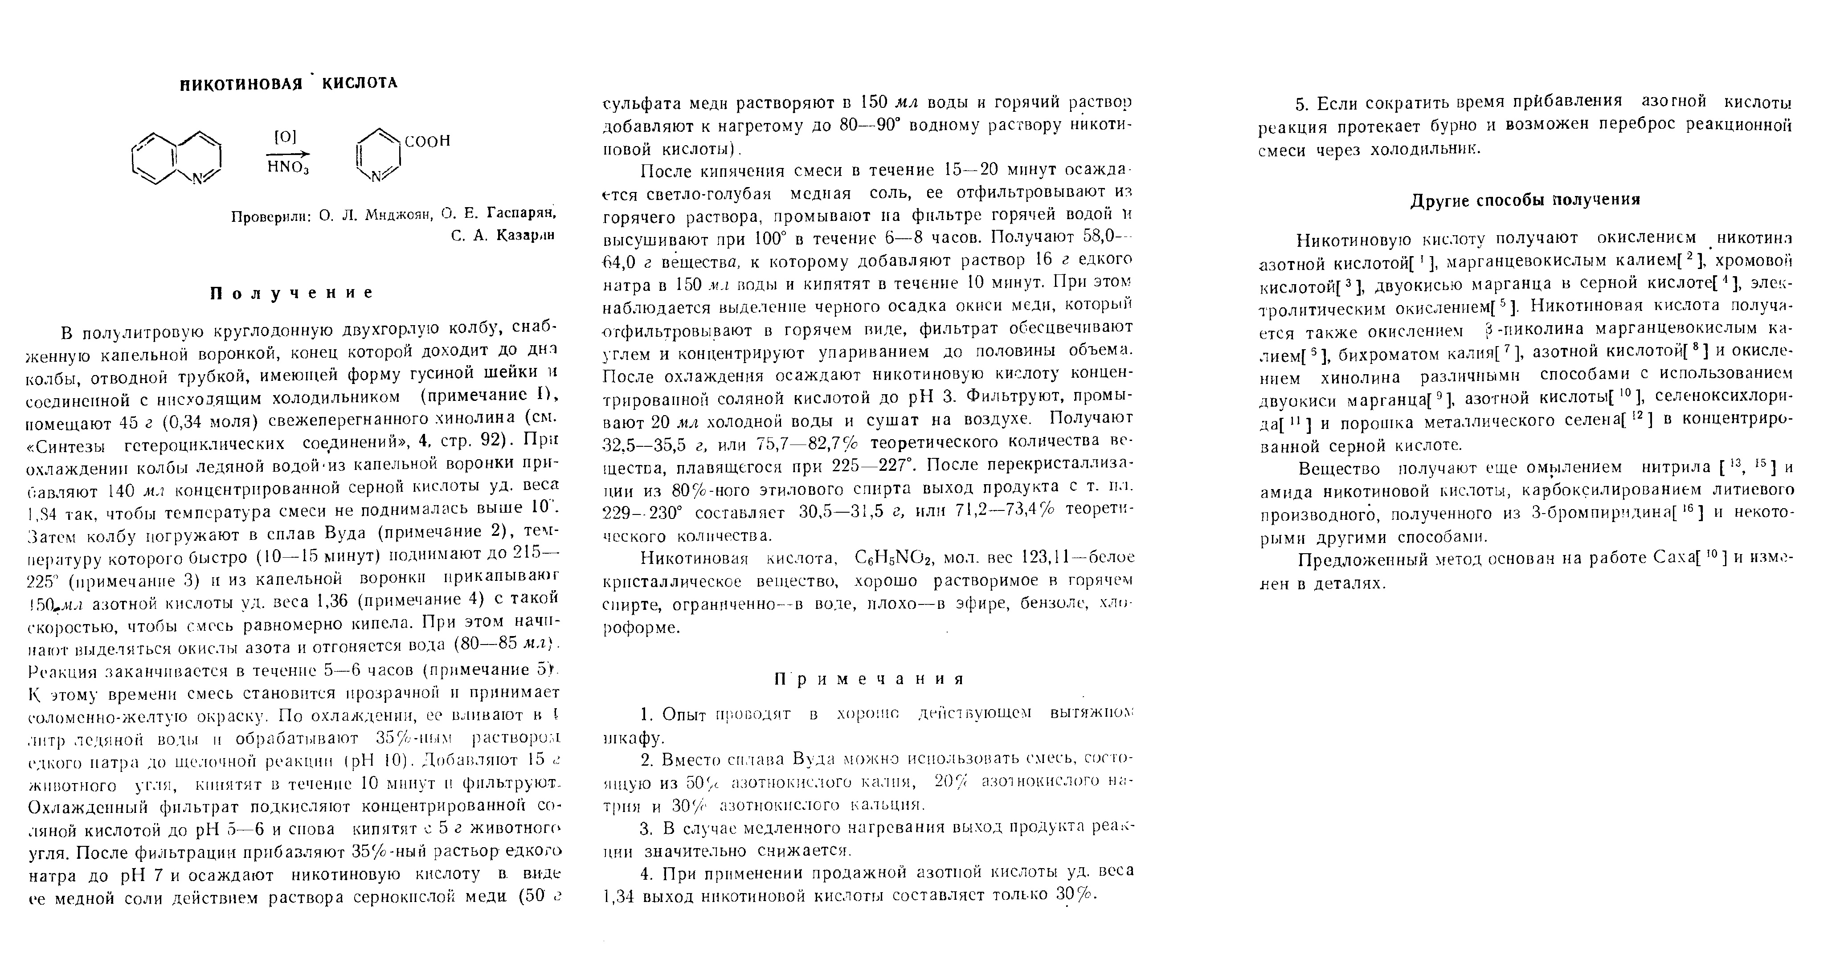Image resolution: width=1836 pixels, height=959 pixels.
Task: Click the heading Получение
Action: pyautogui.click(x=291, y=293)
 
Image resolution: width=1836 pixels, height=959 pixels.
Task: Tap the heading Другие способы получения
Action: pyautogui.click(x=1525, y=200)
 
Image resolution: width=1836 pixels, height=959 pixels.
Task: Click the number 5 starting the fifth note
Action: pyautogui.click(x=1301, y=105)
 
